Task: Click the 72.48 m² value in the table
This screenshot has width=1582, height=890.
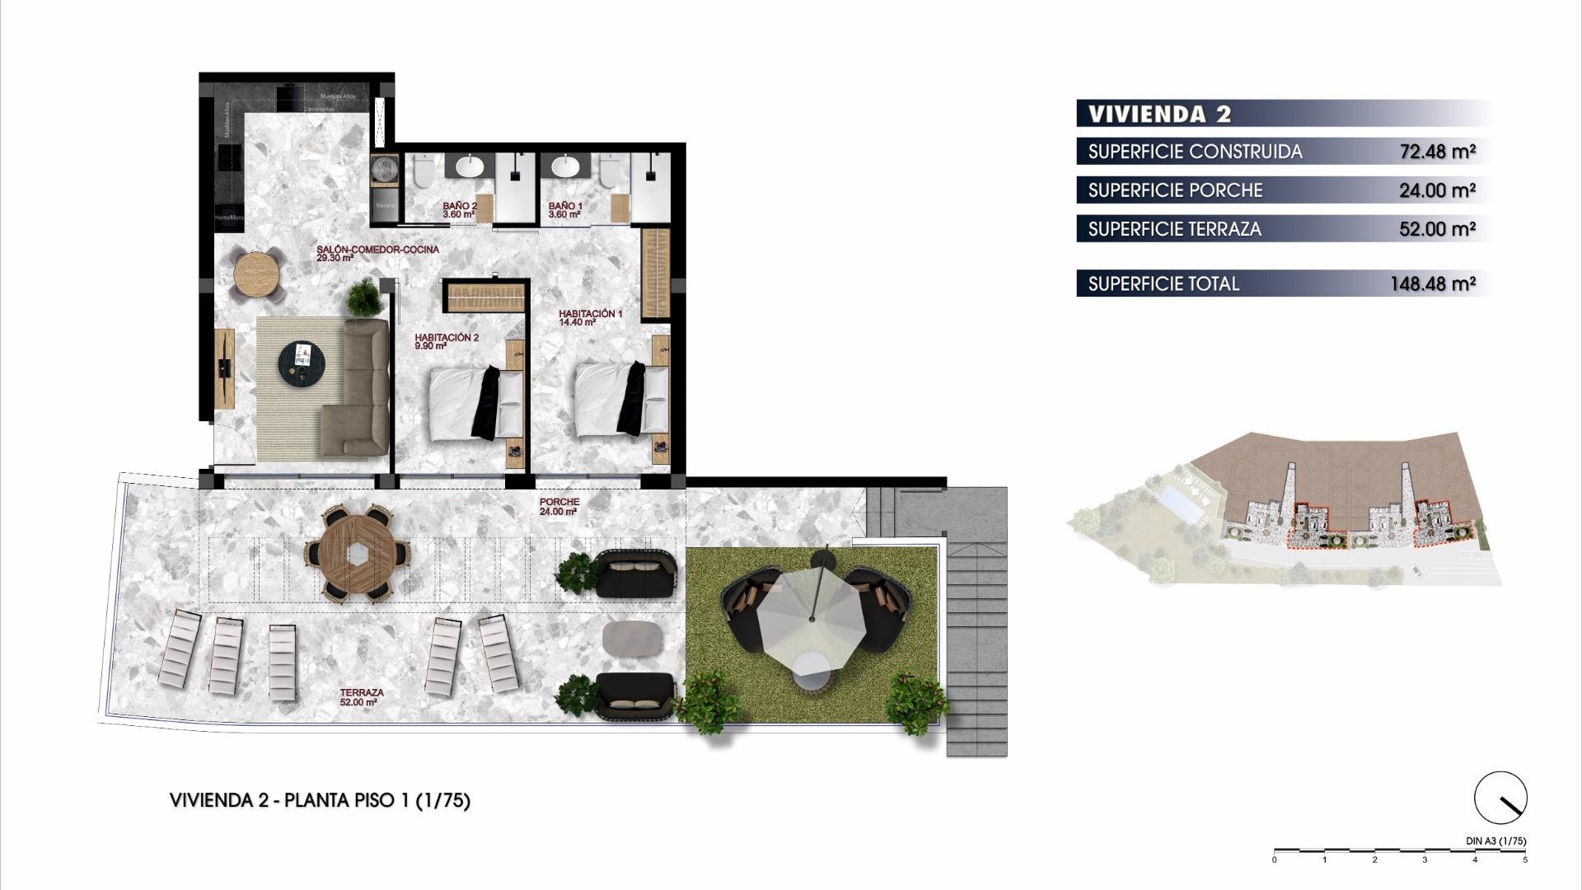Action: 1437,152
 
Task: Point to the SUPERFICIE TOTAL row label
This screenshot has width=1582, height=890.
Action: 1163,283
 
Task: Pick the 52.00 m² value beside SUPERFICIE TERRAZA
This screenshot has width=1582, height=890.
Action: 1437,229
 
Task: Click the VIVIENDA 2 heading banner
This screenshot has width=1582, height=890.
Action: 1159,114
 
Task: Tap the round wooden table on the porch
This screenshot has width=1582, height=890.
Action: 358,554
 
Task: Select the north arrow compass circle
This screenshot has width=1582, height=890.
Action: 1500,798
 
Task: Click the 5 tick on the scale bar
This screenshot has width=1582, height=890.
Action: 1524,860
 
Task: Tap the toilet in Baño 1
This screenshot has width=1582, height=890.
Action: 610,172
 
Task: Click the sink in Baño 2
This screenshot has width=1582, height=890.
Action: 470,166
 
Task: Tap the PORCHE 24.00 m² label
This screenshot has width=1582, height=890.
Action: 559,506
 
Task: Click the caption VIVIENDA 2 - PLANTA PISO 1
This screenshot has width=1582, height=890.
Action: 319,800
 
